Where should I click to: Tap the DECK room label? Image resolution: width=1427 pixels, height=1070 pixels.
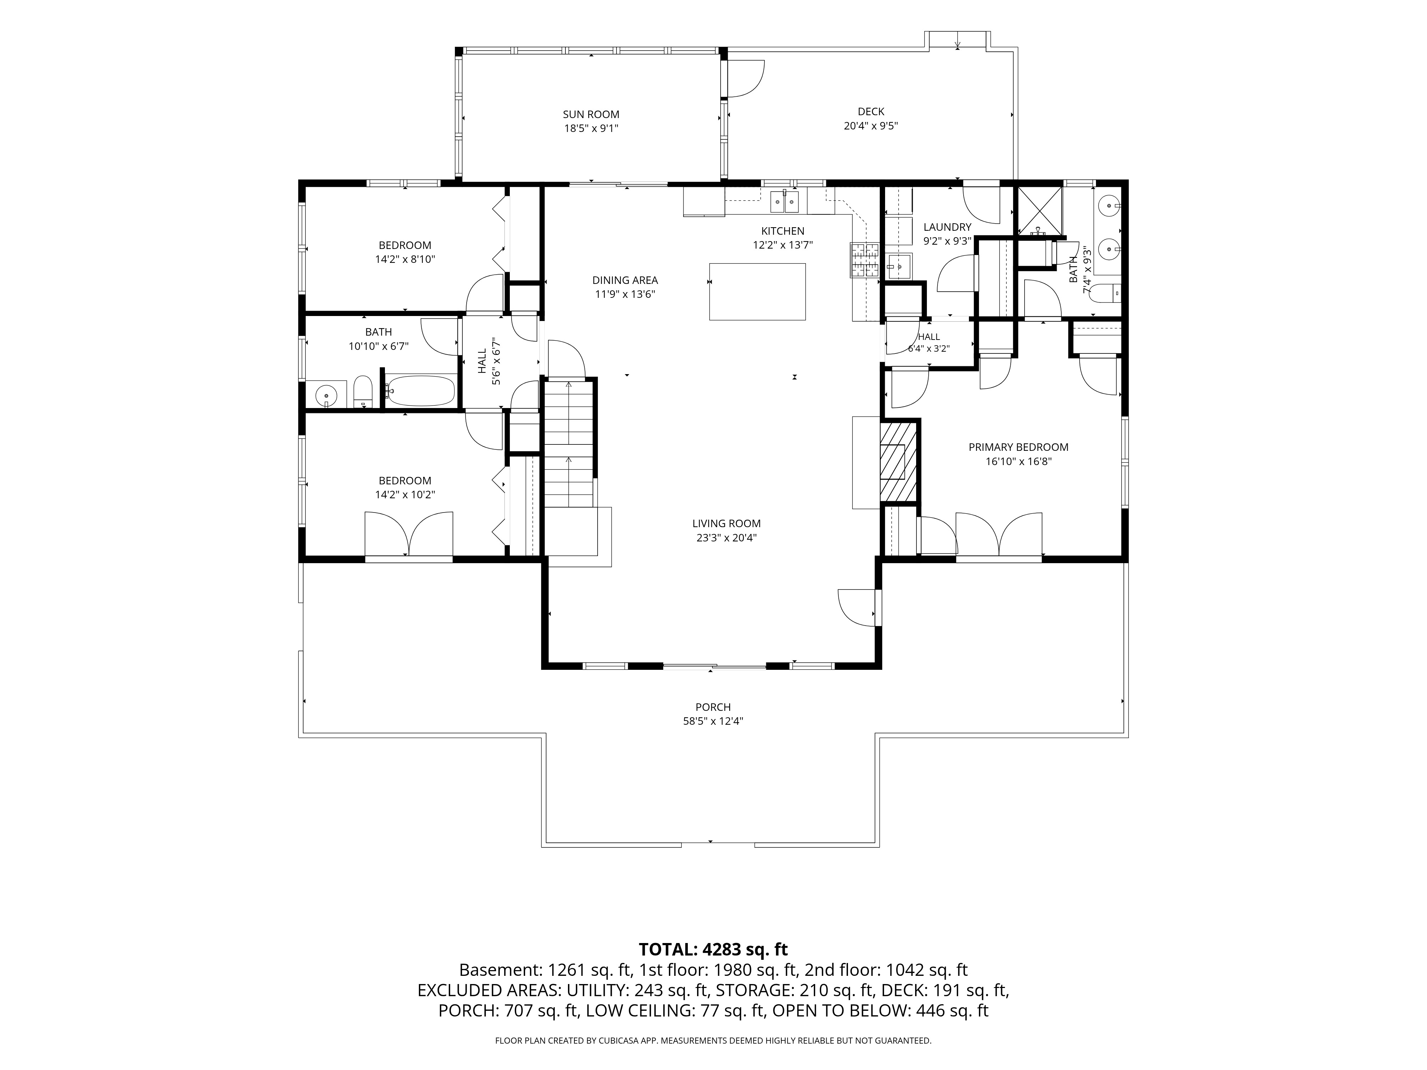coord(871,112)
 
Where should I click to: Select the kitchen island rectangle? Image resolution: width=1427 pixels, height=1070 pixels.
coord(757,291)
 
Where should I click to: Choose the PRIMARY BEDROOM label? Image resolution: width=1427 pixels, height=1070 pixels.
coord(1018,447)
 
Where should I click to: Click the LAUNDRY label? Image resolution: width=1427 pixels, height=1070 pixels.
coord(947,227)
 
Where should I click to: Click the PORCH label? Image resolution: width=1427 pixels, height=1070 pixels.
coord(713,707)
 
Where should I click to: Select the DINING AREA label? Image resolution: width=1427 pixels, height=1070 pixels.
coord(625,280)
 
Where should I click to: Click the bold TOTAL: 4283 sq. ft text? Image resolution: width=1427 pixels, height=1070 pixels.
coord(713,949)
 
